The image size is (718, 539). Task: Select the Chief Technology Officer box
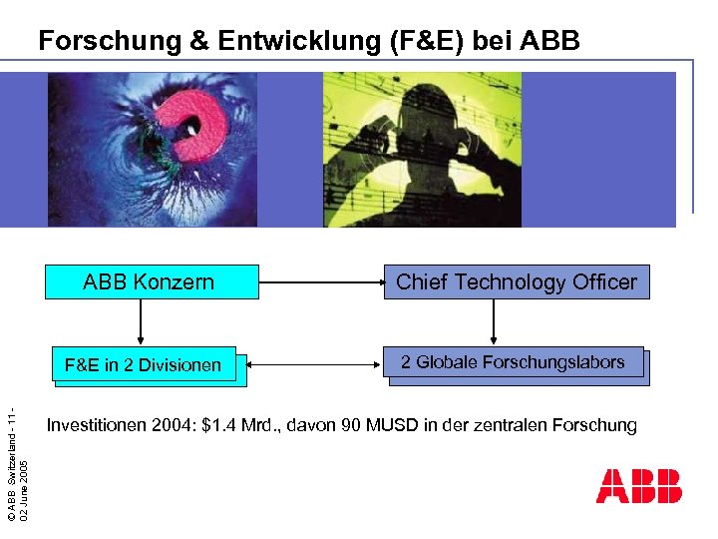517,282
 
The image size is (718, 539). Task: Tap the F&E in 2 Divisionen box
143,364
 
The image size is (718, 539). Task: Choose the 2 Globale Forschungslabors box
513,362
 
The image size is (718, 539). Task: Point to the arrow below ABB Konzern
141,322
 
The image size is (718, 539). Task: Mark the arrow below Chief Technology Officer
493,322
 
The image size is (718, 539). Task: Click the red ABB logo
638,485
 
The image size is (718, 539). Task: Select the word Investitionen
96,425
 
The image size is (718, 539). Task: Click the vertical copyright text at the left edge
20,459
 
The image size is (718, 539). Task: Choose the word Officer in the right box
604,282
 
